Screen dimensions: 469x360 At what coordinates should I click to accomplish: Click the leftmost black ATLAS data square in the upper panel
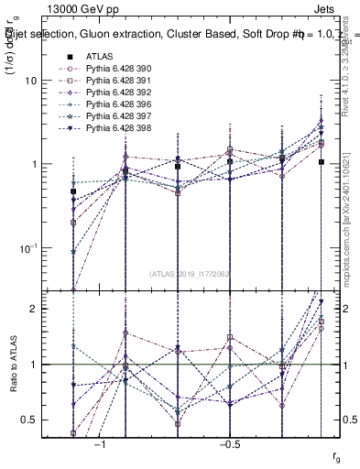coord(73,191)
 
